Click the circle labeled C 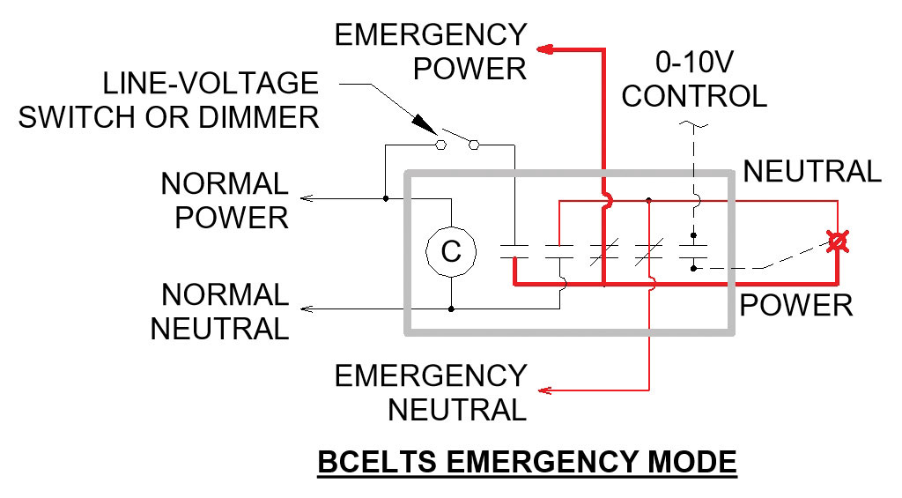coord(451,252)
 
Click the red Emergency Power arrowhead coord(545,50)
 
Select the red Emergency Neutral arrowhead coord(545,390)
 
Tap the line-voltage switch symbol coord(458,141)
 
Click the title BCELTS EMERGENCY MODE coord(526,462)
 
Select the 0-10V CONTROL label coord(693,78)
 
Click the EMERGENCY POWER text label coord(432,51)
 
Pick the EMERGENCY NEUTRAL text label coord(432,392)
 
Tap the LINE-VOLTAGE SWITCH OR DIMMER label coord(168,100)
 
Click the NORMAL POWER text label coord(225,200)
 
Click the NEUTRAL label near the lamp coord(812,171)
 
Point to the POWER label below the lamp coord(796,305)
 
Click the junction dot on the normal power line coord(385,198)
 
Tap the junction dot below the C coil coord(451,309)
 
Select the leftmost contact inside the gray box coord(513,251)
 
